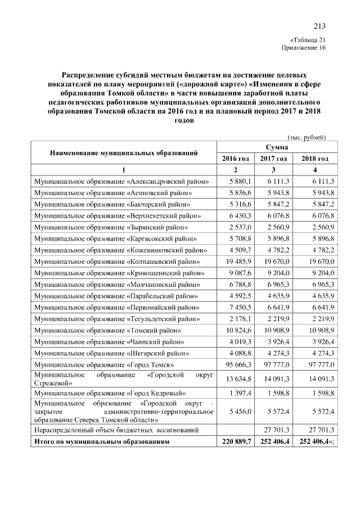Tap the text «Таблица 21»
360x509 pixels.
[x=307, y=40]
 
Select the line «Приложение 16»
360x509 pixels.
[x=303, y=48]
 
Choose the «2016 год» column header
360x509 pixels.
[x=236, y=159]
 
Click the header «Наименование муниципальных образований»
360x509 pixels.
[x=124, y=152]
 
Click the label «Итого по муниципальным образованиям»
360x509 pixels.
[x=101, y=442]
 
